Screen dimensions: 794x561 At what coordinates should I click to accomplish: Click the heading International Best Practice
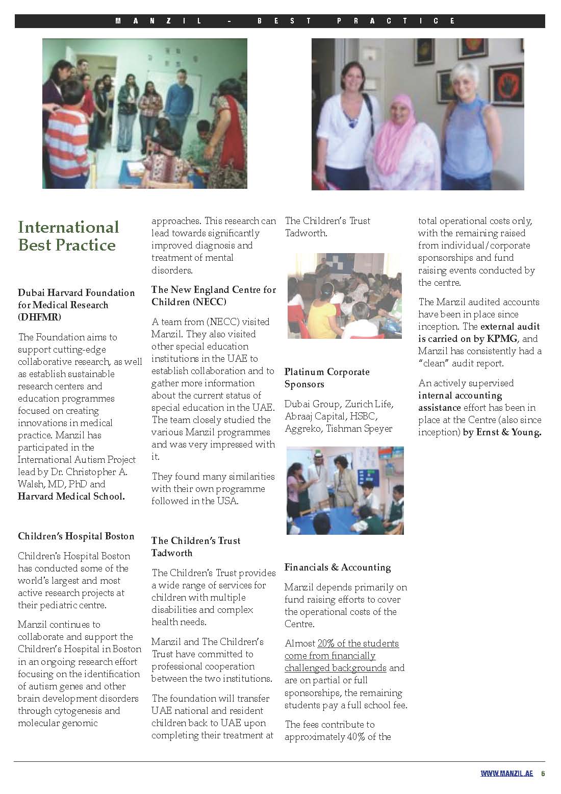coord(68,236)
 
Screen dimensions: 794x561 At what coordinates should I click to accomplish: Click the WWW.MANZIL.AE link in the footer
coord(506,773)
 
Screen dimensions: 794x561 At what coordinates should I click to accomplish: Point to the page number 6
coord(543,773)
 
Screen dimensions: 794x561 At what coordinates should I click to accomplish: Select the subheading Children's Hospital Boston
coord(76,536)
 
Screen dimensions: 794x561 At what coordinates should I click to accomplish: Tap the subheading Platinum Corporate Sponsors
coord(327,378)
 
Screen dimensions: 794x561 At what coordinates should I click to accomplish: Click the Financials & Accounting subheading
coord(338,567)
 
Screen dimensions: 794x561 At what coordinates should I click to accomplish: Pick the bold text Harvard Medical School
coord(71,497)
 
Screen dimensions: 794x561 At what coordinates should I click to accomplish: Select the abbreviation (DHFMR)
coord(40,317)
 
